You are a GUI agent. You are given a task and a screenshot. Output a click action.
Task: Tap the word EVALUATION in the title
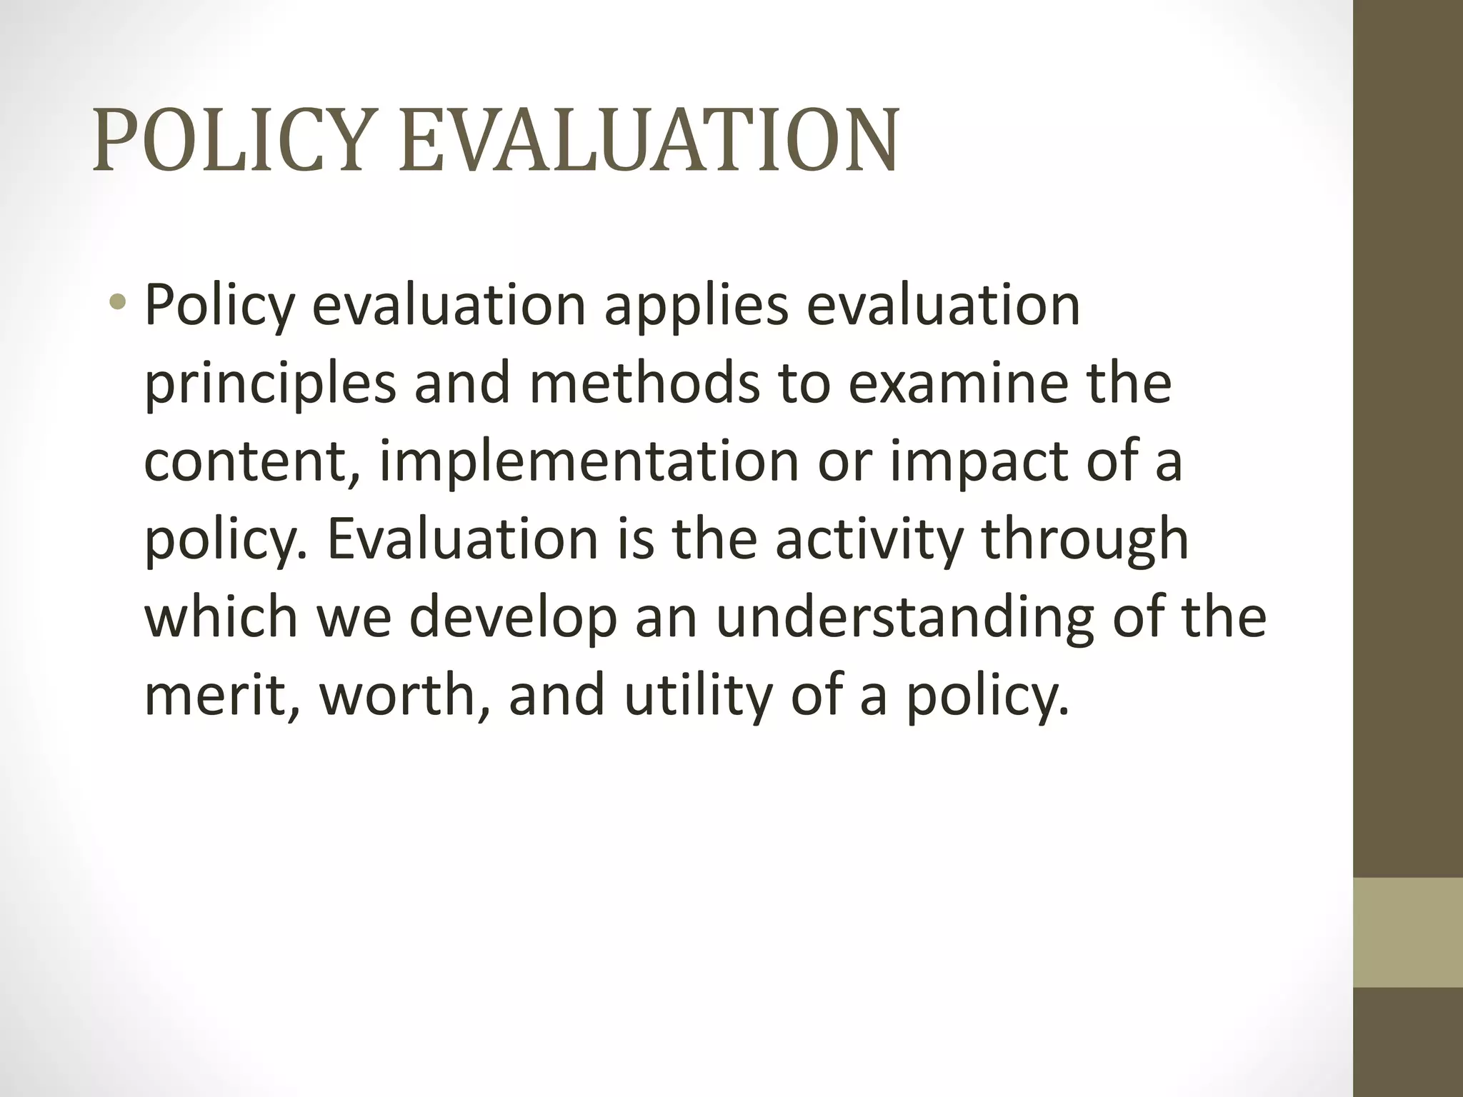click(x=647, y=141)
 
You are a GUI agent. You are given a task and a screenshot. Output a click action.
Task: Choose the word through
click(x=1085, y=541)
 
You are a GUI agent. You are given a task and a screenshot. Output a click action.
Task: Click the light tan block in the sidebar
click(x=1408, y=932)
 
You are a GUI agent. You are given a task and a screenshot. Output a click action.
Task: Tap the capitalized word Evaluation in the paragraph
click(x=462, y=539)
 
